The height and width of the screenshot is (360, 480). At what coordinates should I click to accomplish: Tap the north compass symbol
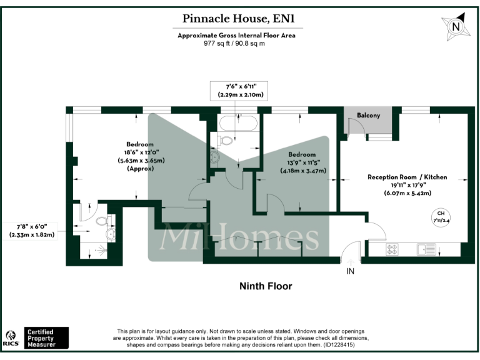(456, 27)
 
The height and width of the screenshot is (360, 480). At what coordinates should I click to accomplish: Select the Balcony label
(369, 116)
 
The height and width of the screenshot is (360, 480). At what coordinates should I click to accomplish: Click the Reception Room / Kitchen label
(407, 177)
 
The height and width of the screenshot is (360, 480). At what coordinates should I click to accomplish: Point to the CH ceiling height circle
(441, 217)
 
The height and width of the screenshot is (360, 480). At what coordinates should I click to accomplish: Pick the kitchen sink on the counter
(427, 249)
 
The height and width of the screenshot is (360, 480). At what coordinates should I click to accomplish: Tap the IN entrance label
(350, 271)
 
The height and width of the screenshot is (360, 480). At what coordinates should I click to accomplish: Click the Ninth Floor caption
(266, 286)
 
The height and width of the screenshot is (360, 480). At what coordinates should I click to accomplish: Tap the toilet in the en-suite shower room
(103, 221)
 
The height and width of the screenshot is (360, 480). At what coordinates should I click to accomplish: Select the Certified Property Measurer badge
(46, 337)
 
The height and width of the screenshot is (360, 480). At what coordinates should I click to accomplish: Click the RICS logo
(11, 338)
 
